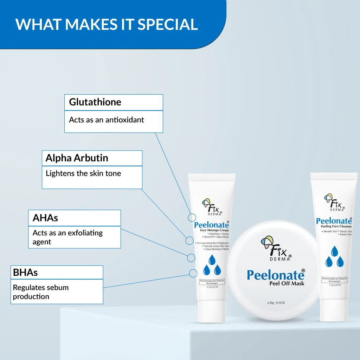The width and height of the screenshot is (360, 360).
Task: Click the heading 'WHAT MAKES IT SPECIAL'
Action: (107, 24)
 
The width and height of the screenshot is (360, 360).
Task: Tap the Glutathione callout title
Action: (95, 102)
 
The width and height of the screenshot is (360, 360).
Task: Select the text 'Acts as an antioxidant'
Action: (107, 120)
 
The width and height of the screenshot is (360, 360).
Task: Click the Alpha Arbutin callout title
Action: (77, 158)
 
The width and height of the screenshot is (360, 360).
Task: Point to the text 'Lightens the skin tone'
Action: (83, 173)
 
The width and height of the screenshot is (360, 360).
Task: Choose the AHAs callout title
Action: (45, 218)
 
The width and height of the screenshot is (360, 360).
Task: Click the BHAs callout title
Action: (25, 272)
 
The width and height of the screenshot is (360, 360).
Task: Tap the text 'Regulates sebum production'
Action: (41, 292)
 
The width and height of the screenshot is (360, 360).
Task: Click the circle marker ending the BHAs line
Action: (193, 273)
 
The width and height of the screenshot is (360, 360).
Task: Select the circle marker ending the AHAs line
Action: (191, 258)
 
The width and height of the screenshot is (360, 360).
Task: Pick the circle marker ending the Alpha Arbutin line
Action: (189, 240)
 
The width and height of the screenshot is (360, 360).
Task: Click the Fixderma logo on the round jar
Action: (276, 248)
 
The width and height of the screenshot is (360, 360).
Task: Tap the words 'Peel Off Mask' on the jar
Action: (287, 283)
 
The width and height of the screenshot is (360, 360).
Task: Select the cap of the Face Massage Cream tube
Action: (211, 311)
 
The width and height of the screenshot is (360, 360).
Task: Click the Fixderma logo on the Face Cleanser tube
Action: (334, 202)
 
